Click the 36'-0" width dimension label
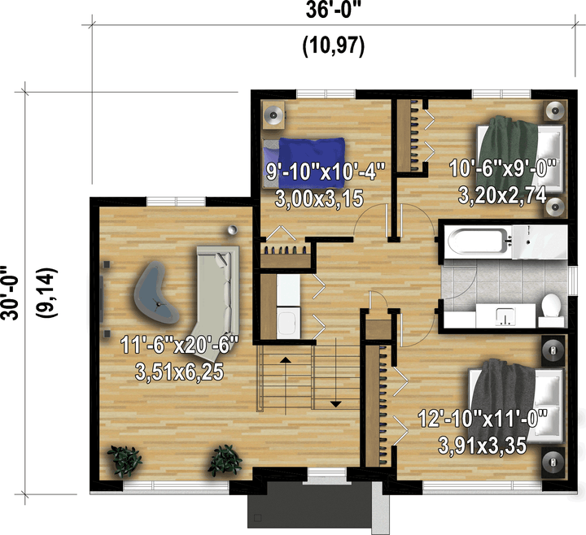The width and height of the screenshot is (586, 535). pos(335,10)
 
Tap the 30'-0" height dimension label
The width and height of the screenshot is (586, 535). pos(9,293)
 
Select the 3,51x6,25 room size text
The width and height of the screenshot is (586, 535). pos(180,372)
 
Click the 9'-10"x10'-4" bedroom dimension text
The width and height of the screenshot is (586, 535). pos(326,172)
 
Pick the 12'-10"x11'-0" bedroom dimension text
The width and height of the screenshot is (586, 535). pos(483,418)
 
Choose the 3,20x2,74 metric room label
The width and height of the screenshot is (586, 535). pos(502,195)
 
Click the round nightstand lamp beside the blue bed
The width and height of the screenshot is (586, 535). pos(274,115)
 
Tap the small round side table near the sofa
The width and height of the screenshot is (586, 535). pos(233,230)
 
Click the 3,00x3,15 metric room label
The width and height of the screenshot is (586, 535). pos(319,198)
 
